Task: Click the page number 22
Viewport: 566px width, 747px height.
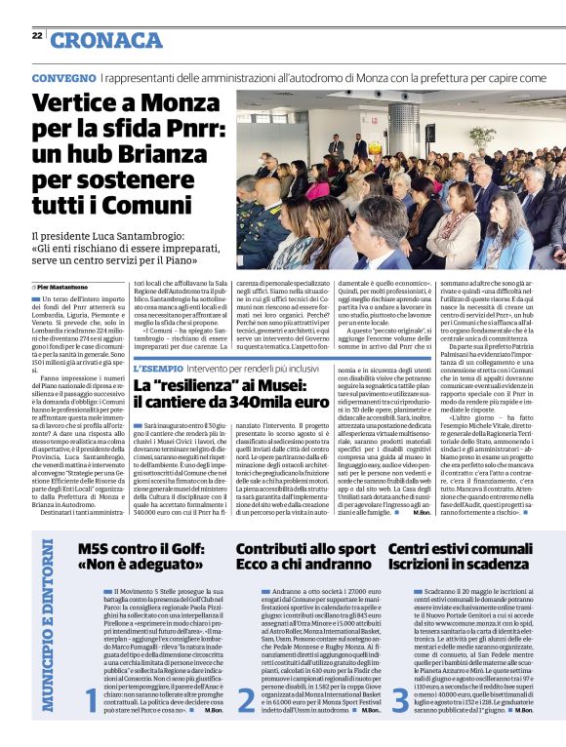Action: click(37, 35)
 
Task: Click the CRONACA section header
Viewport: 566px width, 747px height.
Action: click(106, 39)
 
